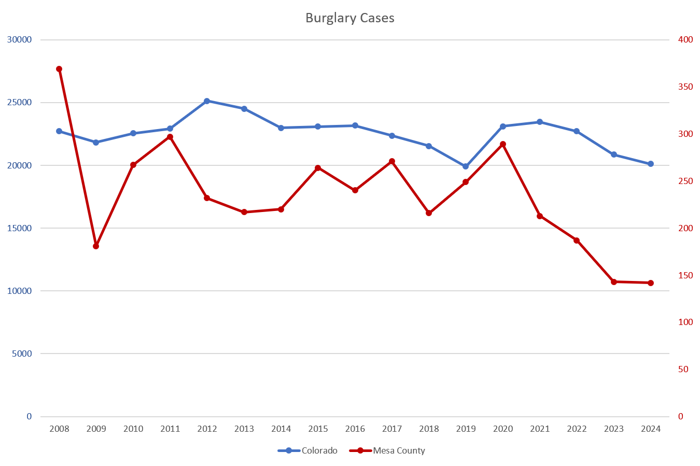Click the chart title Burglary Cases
pyautogui.click(x=349, y=18)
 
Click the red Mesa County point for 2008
pyautogui.click(x=59, y=69)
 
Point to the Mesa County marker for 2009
pyautogui.click(x=96, y=246)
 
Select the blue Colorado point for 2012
pyautogui.click(x=207, y=101)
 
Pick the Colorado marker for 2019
pyautogui.click(x=466, y=166)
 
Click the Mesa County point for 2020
pyautogui.click(x=503, y=144)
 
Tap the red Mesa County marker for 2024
pyautogui.click(x=651, y=283)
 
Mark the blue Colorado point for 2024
pyautogui.click(x=651, y=164)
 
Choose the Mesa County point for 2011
pyautogui.click(x=170, y=137)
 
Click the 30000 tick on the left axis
pyautogui.click(x=19, y=40)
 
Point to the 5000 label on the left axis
pyautogui.click(x=21, y=354)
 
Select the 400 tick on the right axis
pyautogui.click(x=685, y=40)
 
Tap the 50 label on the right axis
pyautogui.click(x=683, y=369)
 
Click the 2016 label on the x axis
pyautogui.click(x=355, y=429)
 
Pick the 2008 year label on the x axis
pyautogui.click(x=59, y=429)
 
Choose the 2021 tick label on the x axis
pyautogui.click(x=540, y=429)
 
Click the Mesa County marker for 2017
pyautogui.click(x=392, y=161)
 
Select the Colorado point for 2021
pyautogui.click(x=540, y=122)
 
